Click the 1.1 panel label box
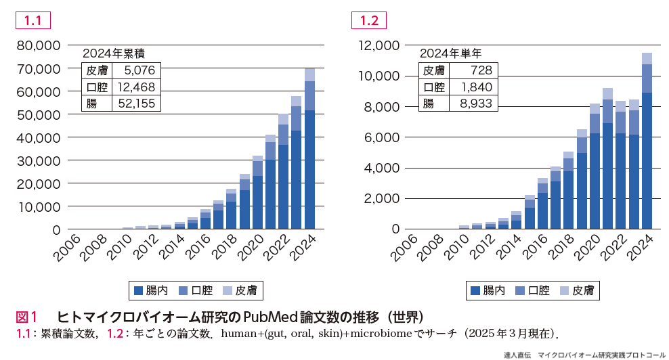pyautogui.click(x=33, y=20)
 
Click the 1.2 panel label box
pyautogui.click(x=369, y=20)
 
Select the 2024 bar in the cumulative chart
pyautogui.click(x=309, y=156)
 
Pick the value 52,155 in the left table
pyautogui.click(x=136, y=104)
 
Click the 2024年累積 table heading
pyautogui.click(x=114, y=54)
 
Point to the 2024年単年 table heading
pyautogui.click(x=451, y=54)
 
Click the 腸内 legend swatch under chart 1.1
pyautogui.click(x=139, y=291)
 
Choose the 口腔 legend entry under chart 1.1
pyautogui.click(x=197, y=291)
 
